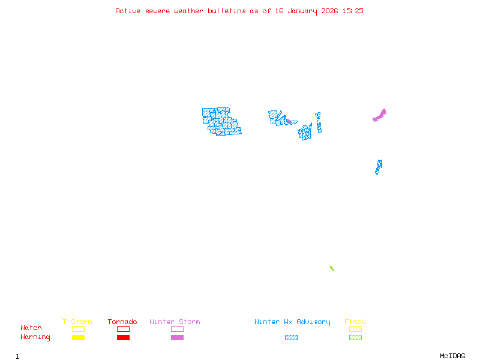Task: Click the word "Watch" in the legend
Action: coord(31,328)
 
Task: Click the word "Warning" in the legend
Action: coord(35,337)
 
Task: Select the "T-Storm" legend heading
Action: coord(77,322)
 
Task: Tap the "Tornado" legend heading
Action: coord(122,322)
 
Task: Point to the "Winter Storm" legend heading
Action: coord(175,322)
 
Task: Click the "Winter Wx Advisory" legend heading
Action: coord(292,322)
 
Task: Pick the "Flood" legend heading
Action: coord(355,322)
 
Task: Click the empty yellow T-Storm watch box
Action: coord(78,329)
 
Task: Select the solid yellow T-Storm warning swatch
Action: coord(78,338)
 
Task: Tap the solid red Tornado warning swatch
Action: coord(123,338)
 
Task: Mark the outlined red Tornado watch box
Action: coord(123,329)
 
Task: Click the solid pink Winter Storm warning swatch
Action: coord(177,338)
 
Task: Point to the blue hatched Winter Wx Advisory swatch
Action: coord(291,338)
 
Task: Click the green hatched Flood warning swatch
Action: coord(355,338)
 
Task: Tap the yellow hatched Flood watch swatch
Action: coord(355,329)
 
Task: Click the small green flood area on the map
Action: coord(331,268)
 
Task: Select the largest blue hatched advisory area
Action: coord(221,121)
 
